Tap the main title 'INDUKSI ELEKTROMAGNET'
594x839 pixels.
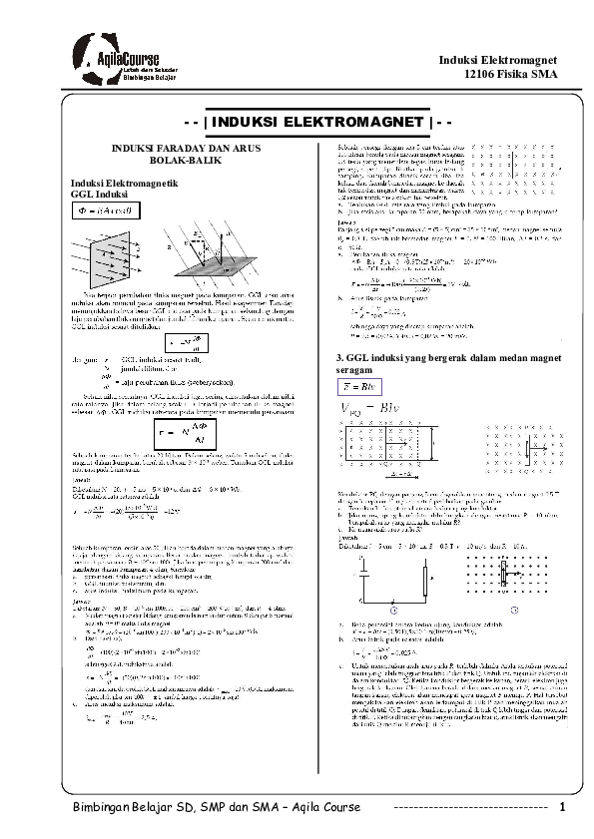297,122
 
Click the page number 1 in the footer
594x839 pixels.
564,806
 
